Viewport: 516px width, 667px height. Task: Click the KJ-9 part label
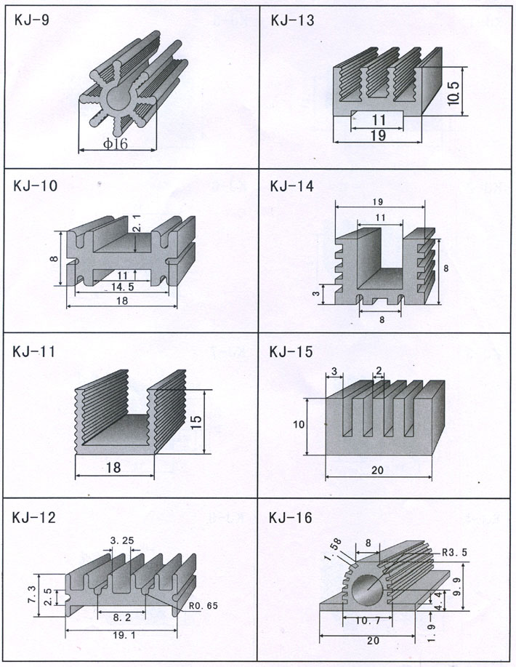point(31,20)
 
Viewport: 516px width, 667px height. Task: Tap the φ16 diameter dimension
point(116,144)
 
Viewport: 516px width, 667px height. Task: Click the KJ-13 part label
point(291,20)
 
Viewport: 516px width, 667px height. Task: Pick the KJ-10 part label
point(34,186)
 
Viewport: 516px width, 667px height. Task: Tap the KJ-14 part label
point(291,186)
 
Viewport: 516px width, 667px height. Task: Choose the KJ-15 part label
point(291,353)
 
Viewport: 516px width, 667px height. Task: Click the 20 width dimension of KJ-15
point(376,471)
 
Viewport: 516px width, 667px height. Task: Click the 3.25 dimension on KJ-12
point(121,540)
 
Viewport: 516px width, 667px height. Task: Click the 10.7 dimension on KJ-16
point(369,622)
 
